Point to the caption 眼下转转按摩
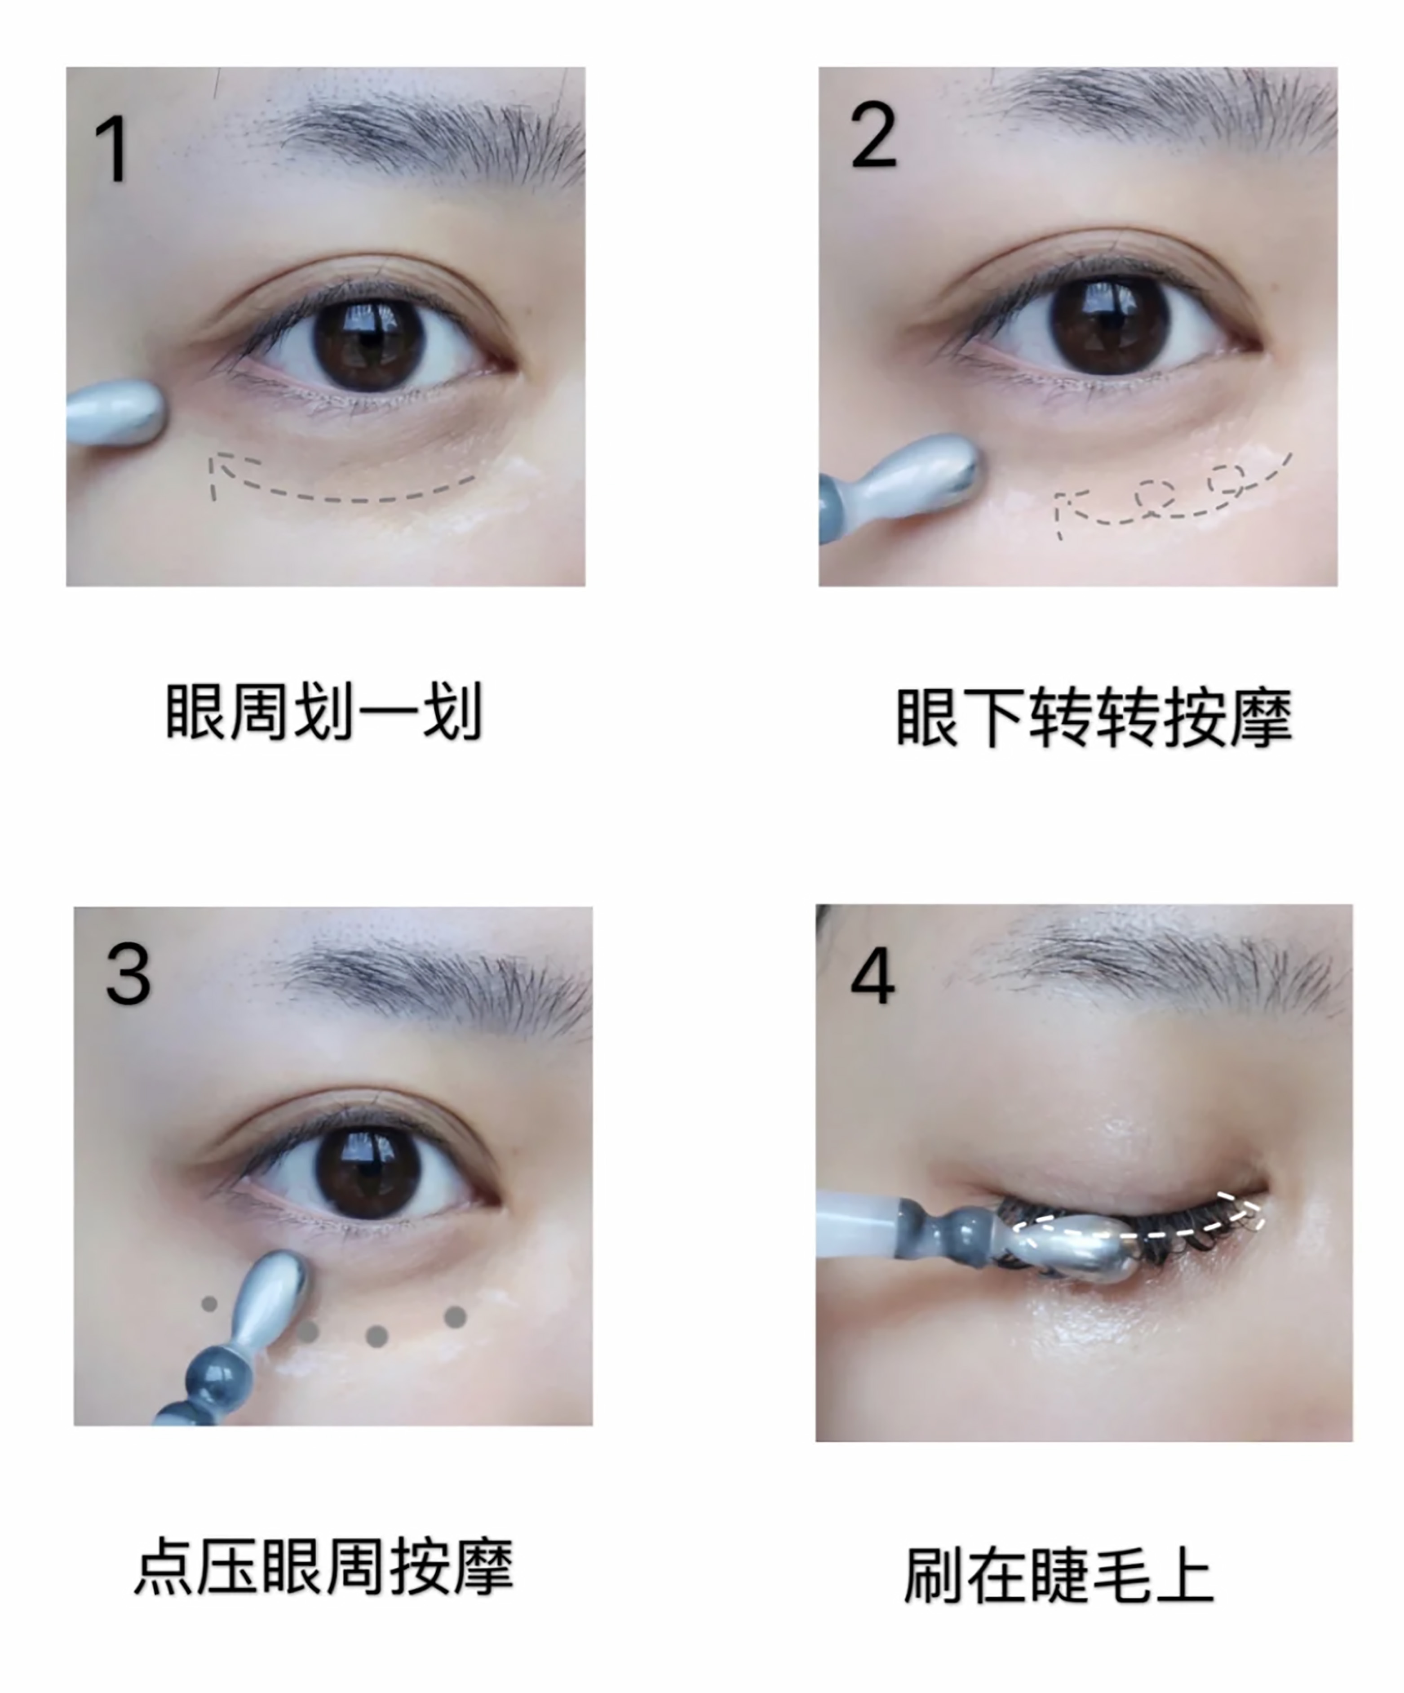(x=1094, y=717)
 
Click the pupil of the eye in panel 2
(x=1109, y=325)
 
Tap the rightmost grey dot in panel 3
(x=456, y=1317)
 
